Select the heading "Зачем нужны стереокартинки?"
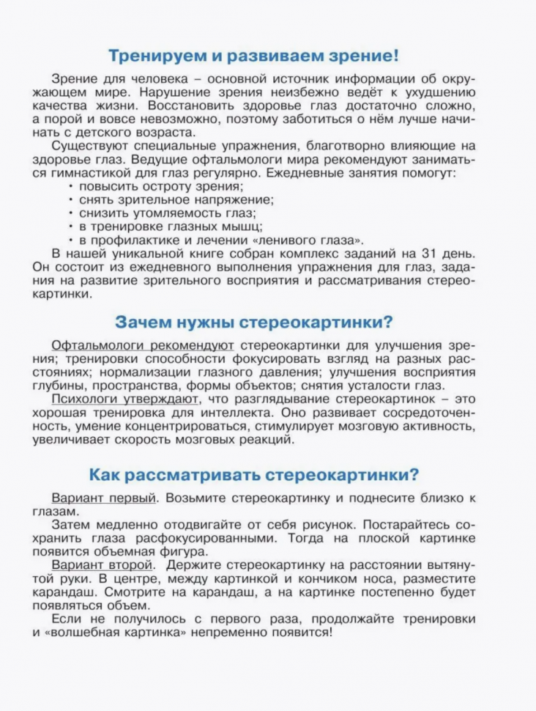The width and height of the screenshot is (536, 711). (x=254, y=322)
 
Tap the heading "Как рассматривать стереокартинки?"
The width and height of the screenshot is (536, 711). (x=253, y=474)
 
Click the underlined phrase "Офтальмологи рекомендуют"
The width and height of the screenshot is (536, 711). (x=144, y=345)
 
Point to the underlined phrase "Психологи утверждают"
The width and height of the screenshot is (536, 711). (x=124, y=400)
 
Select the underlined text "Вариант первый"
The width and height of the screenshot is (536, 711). (x=105, y=498)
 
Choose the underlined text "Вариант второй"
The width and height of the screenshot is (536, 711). (x=103, y=565)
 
